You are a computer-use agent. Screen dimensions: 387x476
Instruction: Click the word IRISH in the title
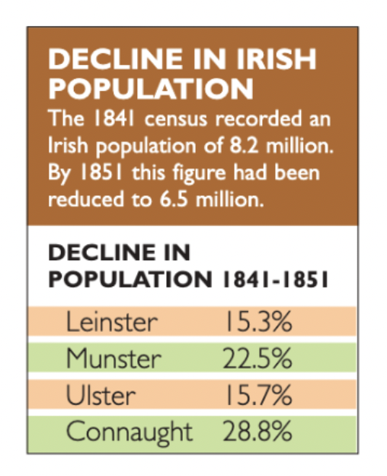[x=276, y=59]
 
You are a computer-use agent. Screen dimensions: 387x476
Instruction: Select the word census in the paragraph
[x=176, y=119]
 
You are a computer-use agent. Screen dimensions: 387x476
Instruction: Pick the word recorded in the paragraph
[x=258, y=118]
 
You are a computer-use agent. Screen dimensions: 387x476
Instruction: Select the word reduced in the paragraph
[x=86, y=199]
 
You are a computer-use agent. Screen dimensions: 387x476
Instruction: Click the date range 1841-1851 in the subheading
[x=276, y=279]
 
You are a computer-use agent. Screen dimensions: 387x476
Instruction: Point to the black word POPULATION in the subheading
[x=130, y=279]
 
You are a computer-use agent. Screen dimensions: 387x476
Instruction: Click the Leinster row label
[x=112, y=322]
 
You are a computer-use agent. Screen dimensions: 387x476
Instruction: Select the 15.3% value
[x=258, y=322]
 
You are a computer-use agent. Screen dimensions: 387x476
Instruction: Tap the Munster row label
[x=114, y=359]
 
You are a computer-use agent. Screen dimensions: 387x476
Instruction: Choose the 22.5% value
[x=257, y=359]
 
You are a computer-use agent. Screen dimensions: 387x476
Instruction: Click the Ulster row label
[x=101, y=395]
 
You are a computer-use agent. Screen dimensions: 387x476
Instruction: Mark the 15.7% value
[x=258, y=395]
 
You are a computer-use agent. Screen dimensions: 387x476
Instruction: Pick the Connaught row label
[x=129, y=433]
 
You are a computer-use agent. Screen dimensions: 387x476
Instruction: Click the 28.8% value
[x=257, y=431]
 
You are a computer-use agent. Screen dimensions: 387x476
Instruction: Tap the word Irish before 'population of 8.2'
[x=69, y=146]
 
